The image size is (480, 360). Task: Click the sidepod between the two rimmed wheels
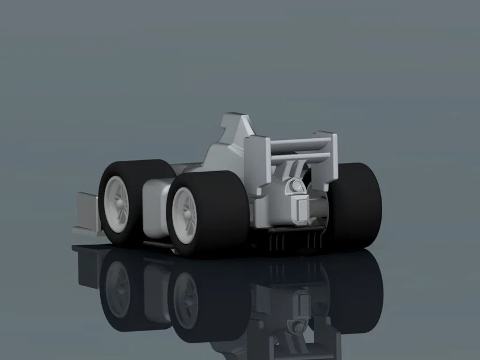click(153, 207)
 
